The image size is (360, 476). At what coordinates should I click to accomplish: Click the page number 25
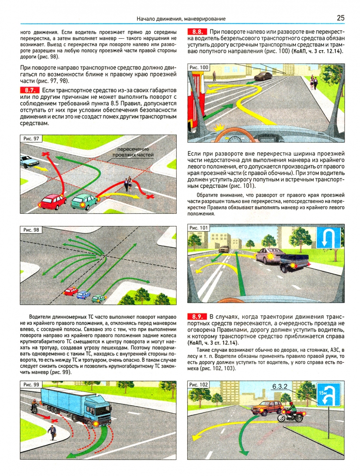coord(341,18)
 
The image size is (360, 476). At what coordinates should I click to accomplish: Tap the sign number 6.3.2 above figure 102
coord(279,386)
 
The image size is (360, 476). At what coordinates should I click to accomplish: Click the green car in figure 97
coord(85,201)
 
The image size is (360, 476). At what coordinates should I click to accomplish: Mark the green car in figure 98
coord(99,298)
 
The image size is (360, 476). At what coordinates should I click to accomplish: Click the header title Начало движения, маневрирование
coord(181,19)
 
